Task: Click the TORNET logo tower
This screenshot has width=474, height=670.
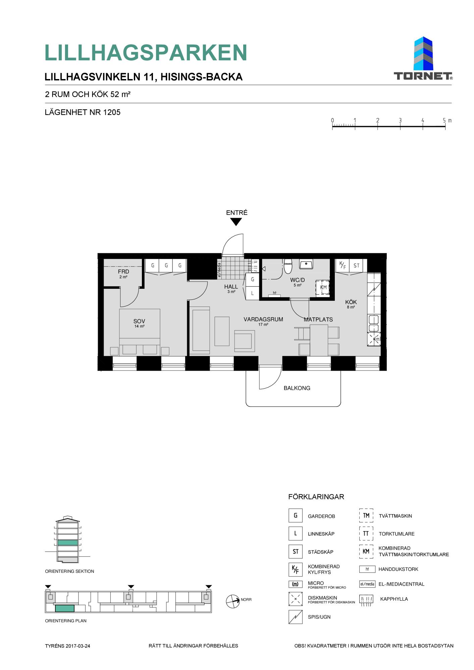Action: pos(423,54)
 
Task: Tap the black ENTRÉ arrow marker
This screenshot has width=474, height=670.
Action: pos(236,222)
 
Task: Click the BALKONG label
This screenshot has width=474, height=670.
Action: pos(297,388)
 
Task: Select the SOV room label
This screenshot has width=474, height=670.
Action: pos(139,321)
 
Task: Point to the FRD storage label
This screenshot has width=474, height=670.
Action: pos(123,271)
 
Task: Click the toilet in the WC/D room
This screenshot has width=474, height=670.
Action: pos(288,266)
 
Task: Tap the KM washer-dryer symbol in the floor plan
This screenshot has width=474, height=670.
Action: pos(323,287)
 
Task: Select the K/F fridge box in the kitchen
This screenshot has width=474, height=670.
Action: pos(342,266)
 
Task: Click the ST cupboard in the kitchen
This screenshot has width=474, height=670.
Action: pos(356,266)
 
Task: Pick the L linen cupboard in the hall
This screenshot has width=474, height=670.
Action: pos(253,293)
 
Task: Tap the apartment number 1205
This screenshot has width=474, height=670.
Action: pos(112,112)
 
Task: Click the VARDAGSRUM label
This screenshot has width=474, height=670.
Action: pos(263,319)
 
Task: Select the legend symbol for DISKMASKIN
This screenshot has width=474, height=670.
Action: pos(295,599)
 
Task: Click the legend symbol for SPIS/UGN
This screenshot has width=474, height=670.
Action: pos(295,617)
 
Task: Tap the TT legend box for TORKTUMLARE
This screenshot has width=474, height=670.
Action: pos(366,534)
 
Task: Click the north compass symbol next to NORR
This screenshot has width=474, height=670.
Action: pos(233,601)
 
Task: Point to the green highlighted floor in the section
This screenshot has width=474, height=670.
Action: pos(68,543)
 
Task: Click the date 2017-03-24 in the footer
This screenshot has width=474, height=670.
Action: pos(78,646)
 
